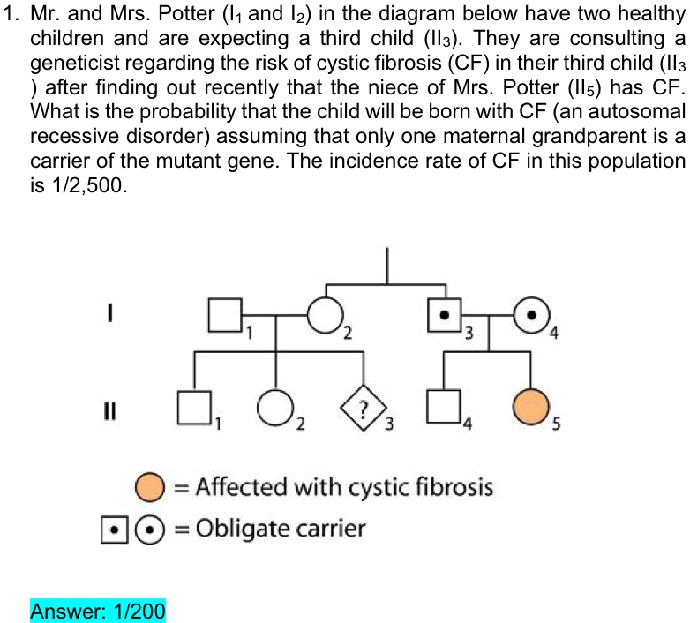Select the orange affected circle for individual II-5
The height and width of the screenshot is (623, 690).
point(530,408)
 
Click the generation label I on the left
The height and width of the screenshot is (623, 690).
point(109,312)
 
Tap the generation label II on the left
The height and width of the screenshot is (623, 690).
point(109,411)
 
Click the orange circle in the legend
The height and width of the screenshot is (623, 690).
point(150,487)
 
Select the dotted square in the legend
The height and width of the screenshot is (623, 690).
point(115,530)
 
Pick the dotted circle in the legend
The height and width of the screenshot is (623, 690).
point(150,530)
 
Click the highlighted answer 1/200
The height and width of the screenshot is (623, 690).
point(98,611)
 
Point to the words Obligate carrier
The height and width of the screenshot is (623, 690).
point(281,529)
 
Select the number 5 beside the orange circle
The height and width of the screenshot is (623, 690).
point(556,424)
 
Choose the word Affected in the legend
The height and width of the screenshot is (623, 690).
point(241,486)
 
